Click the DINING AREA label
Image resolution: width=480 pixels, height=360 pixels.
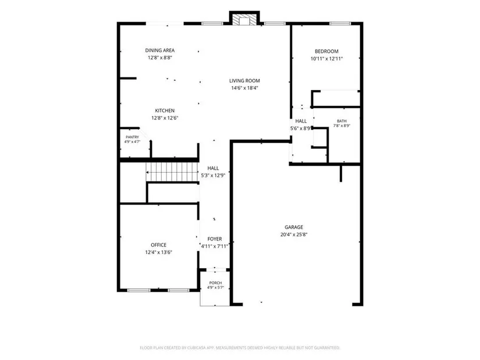160,51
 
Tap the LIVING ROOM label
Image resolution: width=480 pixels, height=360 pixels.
244,81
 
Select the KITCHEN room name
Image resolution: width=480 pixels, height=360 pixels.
165,111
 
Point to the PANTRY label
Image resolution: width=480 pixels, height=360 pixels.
132,137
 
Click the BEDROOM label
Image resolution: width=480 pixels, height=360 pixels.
326,51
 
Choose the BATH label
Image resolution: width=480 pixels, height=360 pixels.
342,121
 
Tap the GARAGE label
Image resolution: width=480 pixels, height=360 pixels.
294,227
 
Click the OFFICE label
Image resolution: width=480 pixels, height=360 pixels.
159,245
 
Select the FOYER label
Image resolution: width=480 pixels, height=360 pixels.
215,239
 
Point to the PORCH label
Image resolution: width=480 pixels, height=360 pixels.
215,283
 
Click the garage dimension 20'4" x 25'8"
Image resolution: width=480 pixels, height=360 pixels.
294,235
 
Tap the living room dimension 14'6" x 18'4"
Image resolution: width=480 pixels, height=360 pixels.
244,88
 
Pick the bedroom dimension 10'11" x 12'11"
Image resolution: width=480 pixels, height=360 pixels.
326,59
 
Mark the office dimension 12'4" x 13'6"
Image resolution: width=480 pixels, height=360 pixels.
159,252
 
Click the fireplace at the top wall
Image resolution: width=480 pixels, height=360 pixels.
244,20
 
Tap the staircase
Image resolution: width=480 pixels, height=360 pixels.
172,172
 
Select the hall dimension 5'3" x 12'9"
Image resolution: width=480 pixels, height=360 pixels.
213,176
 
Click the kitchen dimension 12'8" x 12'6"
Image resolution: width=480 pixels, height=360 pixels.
165,118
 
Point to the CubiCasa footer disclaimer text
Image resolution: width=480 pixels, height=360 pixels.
240,348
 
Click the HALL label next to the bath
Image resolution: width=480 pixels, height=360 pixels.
301,121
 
